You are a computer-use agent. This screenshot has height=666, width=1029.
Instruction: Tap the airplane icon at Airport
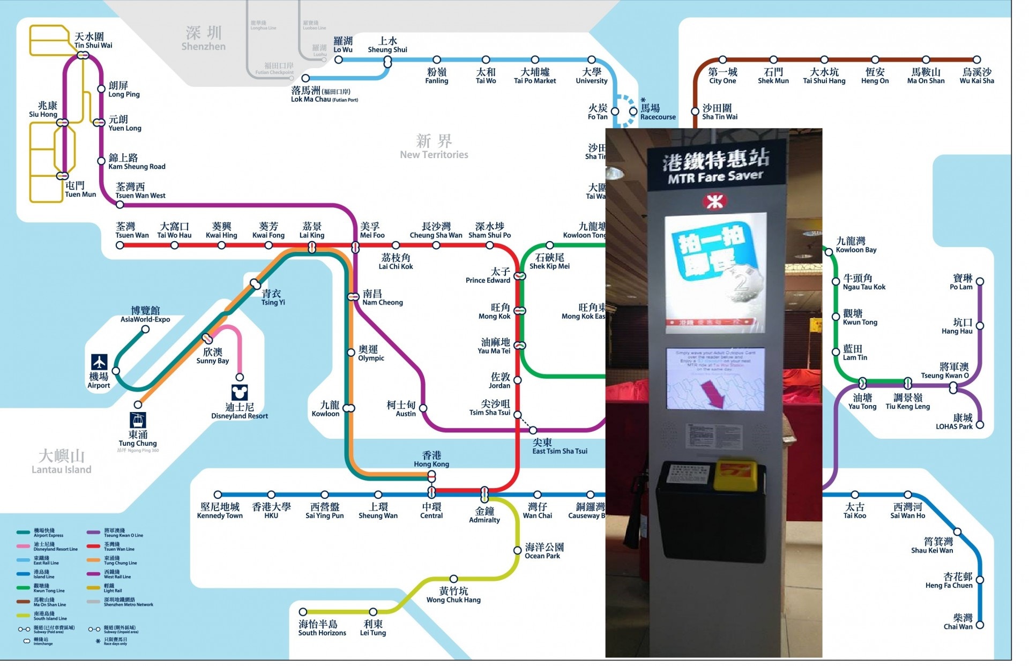click(99, 362)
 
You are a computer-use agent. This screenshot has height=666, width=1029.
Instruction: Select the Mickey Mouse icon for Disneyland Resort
click(240, 392)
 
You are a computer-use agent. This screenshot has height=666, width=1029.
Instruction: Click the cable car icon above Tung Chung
click(138, 420)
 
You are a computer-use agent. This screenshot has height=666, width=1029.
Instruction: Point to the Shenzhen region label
click(204, 39)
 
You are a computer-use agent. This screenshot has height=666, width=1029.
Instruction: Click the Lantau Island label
click(61, 462)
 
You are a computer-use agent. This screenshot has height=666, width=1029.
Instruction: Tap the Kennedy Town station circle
click(218, 495)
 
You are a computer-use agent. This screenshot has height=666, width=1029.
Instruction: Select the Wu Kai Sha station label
click(976, 76)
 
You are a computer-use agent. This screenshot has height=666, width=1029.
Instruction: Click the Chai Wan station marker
click(980, 625)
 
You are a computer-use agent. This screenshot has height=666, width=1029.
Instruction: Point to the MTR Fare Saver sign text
click(715, 167)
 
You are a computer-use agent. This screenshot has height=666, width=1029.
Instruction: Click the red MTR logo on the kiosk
click(713, 201)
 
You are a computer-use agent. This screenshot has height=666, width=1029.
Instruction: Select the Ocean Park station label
click(544, 551)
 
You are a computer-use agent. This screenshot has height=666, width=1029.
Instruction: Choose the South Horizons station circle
click(303, 612)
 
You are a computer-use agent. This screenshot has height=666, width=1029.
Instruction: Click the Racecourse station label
click(658, 112)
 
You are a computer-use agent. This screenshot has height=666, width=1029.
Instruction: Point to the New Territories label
click(434, 147)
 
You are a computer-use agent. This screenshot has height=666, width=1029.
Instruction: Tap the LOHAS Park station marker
click(980, 425)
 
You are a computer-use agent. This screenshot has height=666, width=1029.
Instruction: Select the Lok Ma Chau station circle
click(305, 78)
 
